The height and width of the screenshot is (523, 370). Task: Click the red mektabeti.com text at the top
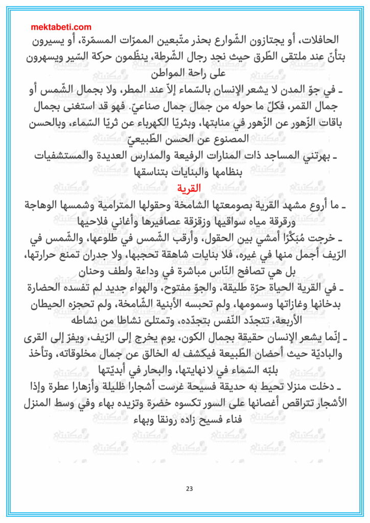point(62,27)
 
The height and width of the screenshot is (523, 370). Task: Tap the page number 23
point(189,489)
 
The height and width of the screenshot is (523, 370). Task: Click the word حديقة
point(242,387)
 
